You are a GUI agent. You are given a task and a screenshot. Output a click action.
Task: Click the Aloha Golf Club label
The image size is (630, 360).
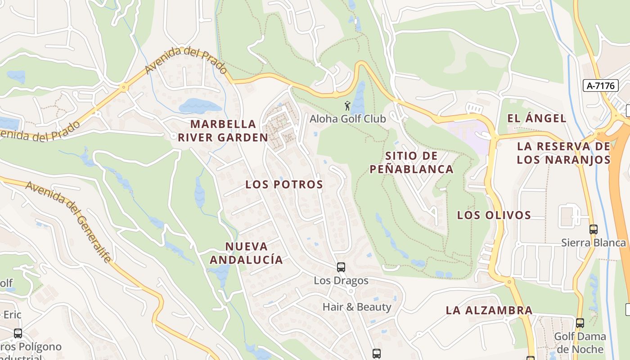click(347, 119)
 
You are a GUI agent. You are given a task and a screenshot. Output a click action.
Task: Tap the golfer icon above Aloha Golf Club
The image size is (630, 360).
click(347, 106)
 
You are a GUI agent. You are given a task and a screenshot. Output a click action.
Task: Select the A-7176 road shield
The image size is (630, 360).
click(601, 85)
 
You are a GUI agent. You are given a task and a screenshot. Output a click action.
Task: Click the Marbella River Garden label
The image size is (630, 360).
click(223, 130)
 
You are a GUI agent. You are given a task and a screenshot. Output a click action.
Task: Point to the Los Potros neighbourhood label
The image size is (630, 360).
click(284, 184)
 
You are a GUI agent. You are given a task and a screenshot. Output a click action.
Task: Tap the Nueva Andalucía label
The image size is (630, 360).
click(246, 253)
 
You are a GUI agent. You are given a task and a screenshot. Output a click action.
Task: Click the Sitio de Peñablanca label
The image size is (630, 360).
click(411, 162)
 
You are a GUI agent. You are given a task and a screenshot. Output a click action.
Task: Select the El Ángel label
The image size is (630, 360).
click(536, 118)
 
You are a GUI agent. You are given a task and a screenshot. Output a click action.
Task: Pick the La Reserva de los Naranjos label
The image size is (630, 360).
click(563, 153)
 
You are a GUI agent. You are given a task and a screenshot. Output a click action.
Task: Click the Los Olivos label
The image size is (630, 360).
click(494, 215)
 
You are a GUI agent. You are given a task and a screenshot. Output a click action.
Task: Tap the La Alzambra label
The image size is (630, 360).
click(489, 310)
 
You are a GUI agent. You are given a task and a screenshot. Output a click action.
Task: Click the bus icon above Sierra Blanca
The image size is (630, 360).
click(594, 229)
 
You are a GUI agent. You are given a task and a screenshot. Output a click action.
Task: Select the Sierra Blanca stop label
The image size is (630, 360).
click(593, 243)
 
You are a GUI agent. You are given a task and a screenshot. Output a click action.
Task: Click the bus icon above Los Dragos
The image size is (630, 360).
click(341, 267)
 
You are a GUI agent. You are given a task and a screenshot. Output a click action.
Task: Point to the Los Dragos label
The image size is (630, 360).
click(341, 281)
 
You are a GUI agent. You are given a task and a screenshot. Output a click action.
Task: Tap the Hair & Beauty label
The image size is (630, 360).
click(357, 307)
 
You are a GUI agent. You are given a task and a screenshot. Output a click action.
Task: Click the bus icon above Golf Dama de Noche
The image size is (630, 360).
click(580, 323)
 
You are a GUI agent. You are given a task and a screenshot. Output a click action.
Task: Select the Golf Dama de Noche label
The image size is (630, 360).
click(580, 343)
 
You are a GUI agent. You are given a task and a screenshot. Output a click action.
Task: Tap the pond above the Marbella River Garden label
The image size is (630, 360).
click(200, 106)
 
